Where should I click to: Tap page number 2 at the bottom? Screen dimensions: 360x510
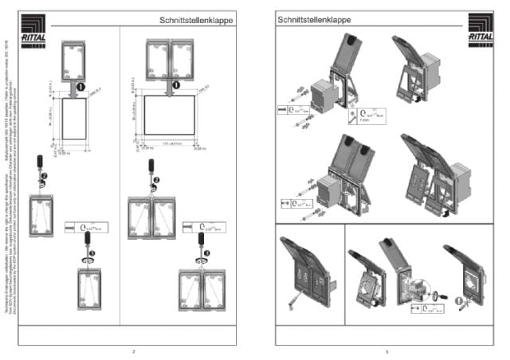tap(134, 350)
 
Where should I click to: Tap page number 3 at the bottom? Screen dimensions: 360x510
tap(386, 350)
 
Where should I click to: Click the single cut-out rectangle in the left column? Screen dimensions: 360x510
tap(73, 117)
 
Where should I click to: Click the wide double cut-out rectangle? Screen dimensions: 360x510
tap(169, 114)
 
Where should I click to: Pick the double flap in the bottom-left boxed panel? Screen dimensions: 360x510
tap(304, 268)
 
